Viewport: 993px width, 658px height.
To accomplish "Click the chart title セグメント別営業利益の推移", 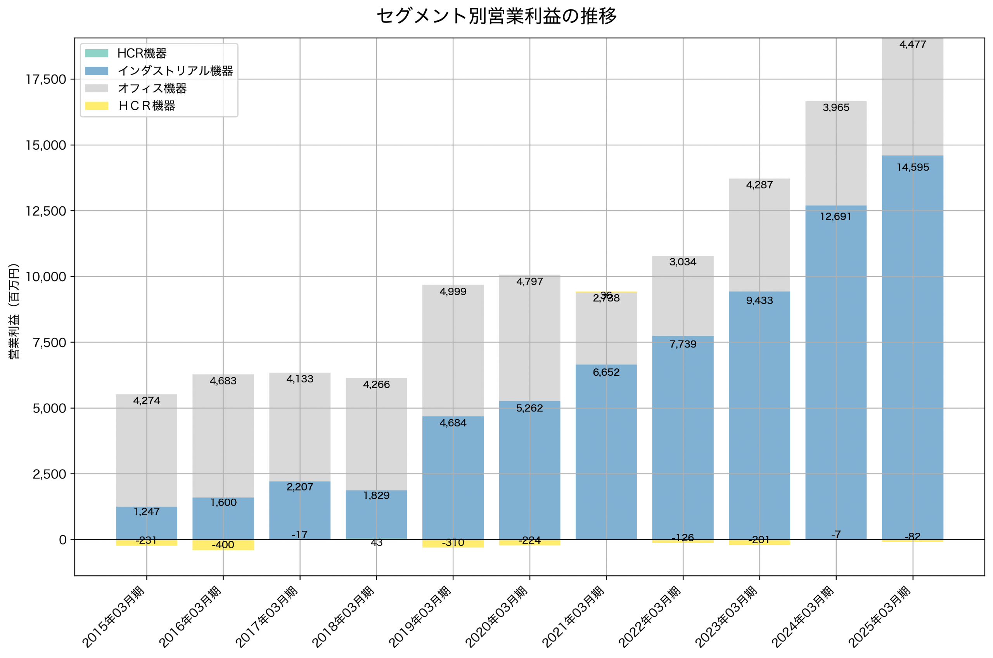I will [496, 16].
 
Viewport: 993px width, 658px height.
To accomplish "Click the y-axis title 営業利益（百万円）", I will [14, 311].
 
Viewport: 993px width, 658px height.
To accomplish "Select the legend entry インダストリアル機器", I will [175, 71].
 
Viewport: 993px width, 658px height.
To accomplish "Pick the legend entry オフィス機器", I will [152, 88].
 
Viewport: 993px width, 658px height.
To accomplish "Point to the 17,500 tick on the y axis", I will [46, 79].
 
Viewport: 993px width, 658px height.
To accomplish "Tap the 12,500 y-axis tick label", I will [46, 211].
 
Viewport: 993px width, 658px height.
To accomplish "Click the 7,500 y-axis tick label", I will [50, 342].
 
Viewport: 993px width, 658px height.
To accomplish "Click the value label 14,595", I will [913, 168].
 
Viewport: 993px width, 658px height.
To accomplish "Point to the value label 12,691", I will [836, 216].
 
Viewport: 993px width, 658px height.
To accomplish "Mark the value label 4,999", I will [453, 292].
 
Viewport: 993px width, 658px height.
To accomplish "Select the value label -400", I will [223, 545].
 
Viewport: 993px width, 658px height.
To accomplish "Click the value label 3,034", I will [683, 262].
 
